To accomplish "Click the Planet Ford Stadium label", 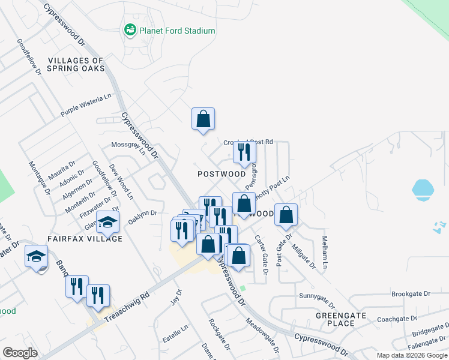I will (x=177, y=31).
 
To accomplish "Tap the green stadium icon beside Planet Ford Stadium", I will (x=129, y=29).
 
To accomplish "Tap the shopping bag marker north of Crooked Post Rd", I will (x=203, y=118).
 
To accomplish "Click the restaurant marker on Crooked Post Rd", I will (x=244, y=152).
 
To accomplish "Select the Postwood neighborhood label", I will (x=221, y=174).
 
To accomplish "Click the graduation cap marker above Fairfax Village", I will (x=107, y=222).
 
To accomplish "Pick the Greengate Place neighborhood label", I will (x=336, y=319).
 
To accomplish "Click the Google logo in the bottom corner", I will (x=20, y=353).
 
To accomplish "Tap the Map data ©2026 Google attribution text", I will (x=411, y=355).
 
